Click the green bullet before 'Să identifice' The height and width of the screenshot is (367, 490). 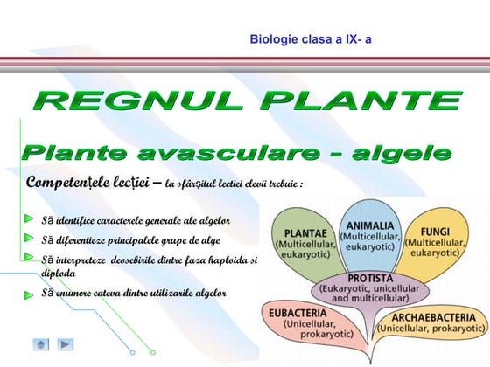click(x=30, y=217)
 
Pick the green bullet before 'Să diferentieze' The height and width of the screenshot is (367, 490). click(x=30, y=238)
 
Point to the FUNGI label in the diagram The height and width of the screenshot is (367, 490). click(x=435, y=232)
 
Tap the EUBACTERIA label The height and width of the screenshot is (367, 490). click(x=297, y=312)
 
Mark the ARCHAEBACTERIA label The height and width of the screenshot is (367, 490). click(x=433, y=316)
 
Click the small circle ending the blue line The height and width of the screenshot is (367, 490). click(x=133, y=351)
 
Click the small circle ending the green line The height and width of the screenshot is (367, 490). click(x=180, y=351)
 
